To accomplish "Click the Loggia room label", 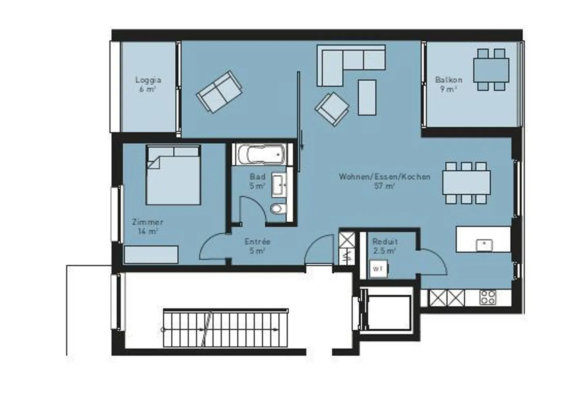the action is coord(148,80).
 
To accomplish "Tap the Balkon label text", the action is coord(448,80).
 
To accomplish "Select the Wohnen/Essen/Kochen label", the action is coord(384,177).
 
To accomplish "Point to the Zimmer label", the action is coord(148,222).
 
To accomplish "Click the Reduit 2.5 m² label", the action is coord(385,246).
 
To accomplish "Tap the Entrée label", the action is coord(257,241).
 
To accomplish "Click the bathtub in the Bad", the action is coord(262,154).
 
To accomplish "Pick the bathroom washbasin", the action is coord(279,185).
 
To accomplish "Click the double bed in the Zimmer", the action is coord(173,175).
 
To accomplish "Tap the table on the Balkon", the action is coord(491,70).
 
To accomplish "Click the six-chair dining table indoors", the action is coord(466,183).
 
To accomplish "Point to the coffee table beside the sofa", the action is coord(367,98).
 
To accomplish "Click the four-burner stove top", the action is coord(488,297).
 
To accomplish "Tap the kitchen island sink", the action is coord(484,245).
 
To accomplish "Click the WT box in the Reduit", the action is coord(378,269).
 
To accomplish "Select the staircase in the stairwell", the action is coord(225,328).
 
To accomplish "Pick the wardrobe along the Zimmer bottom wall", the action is coord(151,255).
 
